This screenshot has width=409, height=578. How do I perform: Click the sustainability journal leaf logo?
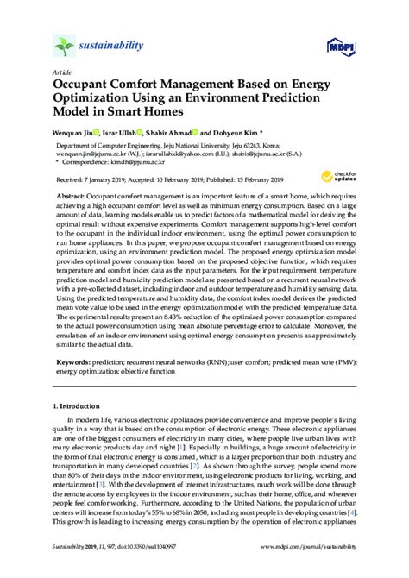tap(63, 45)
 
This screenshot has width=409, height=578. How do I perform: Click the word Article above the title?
tap(61, 72)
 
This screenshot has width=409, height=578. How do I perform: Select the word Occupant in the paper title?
tap(85, 86)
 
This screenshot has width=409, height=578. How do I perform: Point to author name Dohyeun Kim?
tap(247, 135)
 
